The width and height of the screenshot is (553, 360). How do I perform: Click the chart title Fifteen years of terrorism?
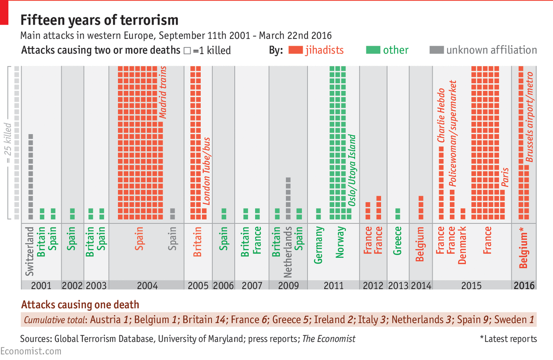(x=99, y=20)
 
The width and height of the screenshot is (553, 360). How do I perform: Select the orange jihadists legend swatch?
(x=296, y=50)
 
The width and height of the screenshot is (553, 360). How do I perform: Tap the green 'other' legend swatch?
(x=373, y=50)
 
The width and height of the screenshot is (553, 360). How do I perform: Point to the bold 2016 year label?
(x=524, y=286)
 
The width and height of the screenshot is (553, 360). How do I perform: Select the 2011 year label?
(x=334, y=286)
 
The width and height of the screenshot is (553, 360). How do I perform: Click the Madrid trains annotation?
(x=163, y=93)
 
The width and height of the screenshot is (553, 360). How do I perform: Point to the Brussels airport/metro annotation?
(x=530, y=117)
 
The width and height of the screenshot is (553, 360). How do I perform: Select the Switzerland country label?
(x=30, y=251)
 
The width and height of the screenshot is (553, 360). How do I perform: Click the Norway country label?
(x=341, y=242)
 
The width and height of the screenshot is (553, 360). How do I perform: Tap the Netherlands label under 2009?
(x=288, y=252)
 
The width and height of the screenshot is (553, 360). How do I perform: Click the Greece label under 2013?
(x=398, y=241)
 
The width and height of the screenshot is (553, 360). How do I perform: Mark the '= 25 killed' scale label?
(x=7, y=144)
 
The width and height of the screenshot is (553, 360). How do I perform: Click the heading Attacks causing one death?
(x=80, y=305)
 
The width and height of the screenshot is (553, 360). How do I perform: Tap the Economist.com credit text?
(x=31, y=351)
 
